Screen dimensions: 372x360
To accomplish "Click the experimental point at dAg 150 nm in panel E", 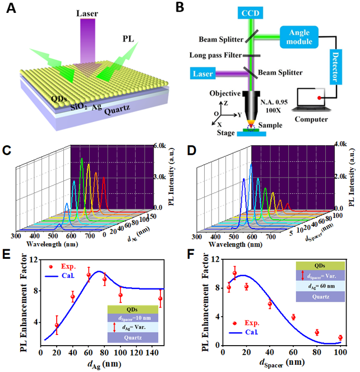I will pyautogui.click(x=160, y=299).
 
